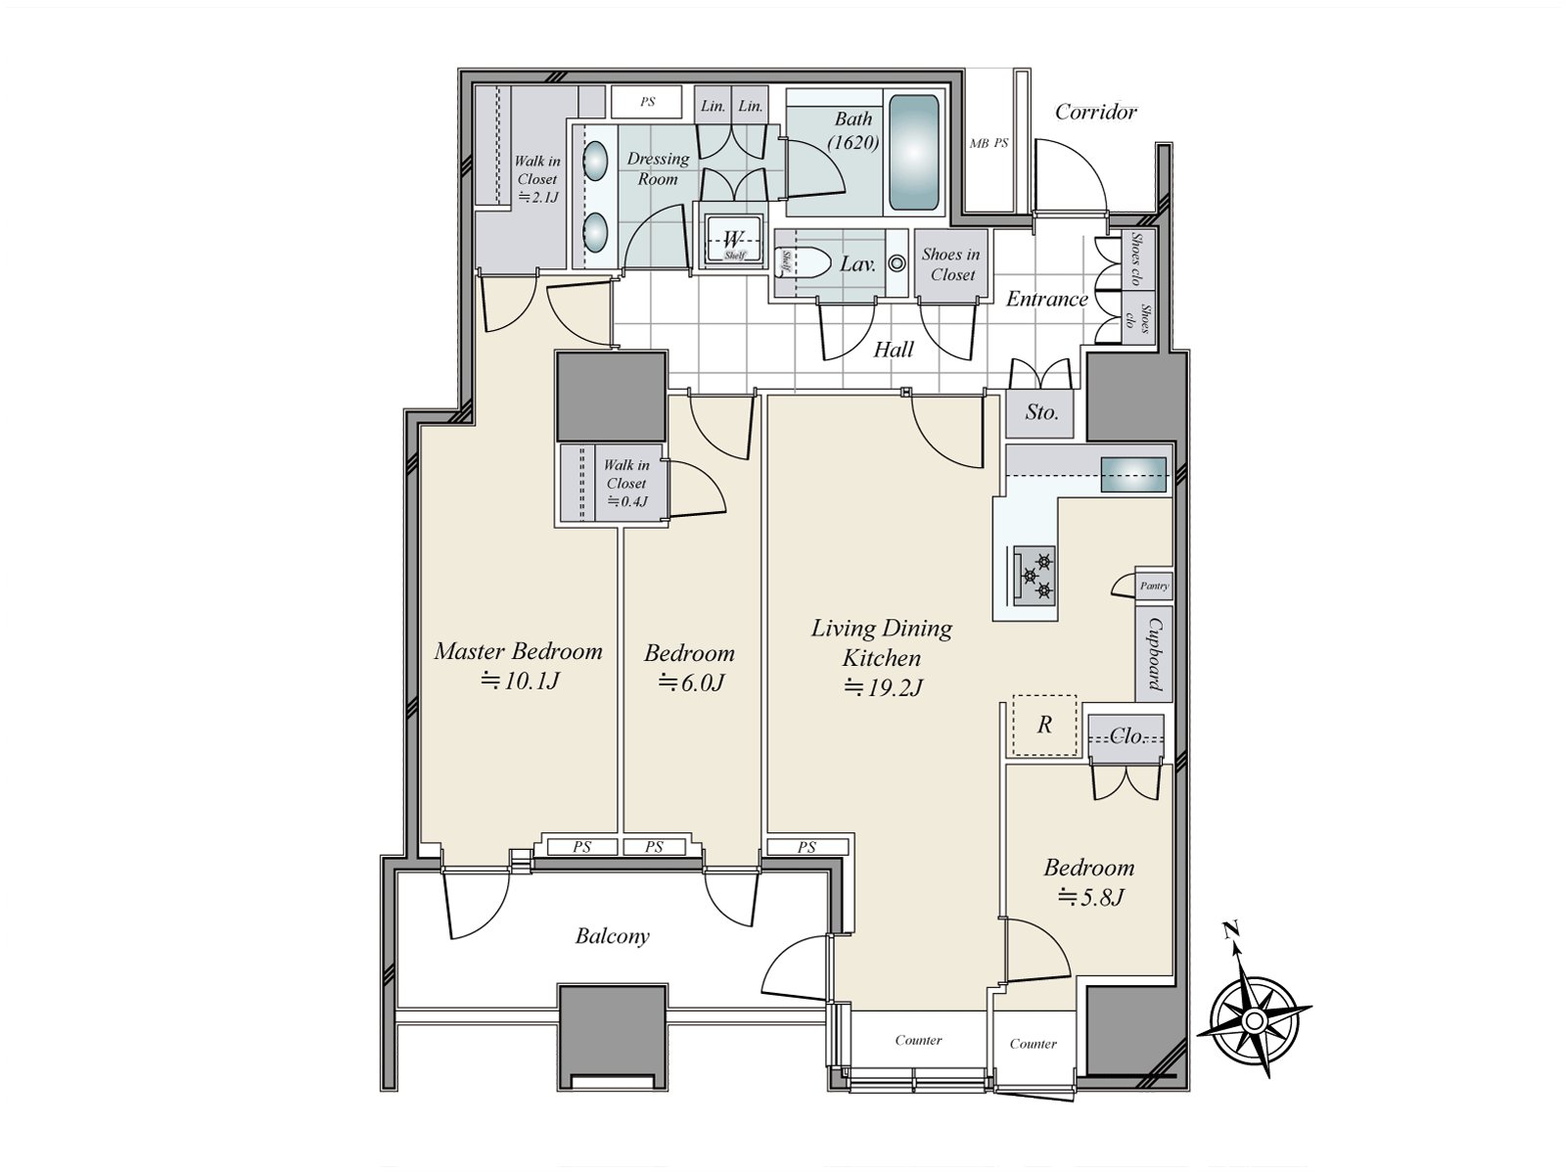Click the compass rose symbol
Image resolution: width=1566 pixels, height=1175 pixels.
click(x=1254, y=1022)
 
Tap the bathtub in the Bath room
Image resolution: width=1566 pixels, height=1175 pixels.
click(x=914, y=152)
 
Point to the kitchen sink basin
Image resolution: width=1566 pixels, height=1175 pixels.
click(x=1133, y=475)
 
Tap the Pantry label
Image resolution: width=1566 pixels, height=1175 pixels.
click(x=1154, y=586)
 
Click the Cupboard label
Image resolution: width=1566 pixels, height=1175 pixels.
click(x=1155, y=654)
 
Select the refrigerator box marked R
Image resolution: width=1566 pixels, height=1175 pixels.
click(x=1044, y=726)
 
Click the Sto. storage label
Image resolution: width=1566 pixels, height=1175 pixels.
click(x=1041, y=411)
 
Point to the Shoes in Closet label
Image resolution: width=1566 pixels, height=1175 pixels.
click(x=951, y=264)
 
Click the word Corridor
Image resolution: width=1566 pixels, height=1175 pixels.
click(x=1095, y=112)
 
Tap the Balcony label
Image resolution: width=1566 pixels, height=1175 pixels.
click(x=612, y=936)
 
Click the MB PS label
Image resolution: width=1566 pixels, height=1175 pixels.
click(x=989, y=143)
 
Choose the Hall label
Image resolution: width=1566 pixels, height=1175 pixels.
click(x=894, y=349)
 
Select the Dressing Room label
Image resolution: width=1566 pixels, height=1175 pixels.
click(x=658, y=168)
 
